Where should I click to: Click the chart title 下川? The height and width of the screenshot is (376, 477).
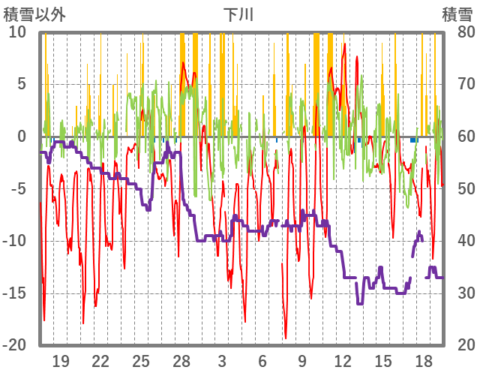(238, 14)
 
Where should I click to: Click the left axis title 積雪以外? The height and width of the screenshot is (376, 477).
(34, 14)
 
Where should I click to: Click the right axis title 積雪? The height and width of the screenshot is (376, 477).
(457, 14)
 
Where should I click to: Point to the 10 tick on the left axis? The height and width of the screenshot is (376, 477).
(17, 32)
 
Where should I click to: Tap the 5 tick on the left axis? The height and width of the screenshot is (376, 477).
(22, 84)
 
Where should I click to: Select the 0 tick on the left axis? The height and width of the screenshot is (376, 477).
(22, 137)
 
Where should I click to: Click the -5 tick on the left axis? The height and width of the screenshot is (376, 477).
(18, 188)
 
